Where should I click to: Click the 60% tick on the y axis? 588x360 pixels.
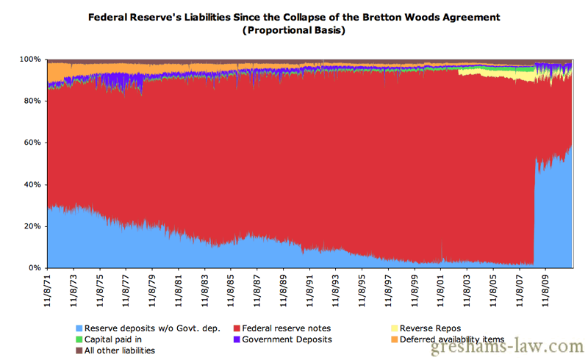pyautogui.click(x=32, y=143)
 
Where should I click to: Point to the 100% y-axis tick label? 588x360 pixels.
pyautogui.click(x=30, y=59)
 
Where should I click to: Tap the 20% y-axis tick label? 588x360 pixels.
pyautogui.click(x=32, y=226)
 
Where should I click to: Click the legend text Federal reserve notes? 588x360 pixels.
pyautogui.click(x=287, y=328)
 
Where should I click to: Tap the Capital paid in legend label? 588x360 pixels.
pyautogui.click(x=115, y=339)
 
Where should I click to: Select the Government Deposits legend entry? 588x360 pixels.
pyautogui.click(x=287, y=339)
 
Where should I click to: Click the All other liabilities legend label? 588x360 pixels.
pyautogui.click(x=120, y=350)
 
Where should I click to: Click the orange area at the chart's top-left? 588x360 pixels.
pyautogui.click(x=57, y=72)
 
